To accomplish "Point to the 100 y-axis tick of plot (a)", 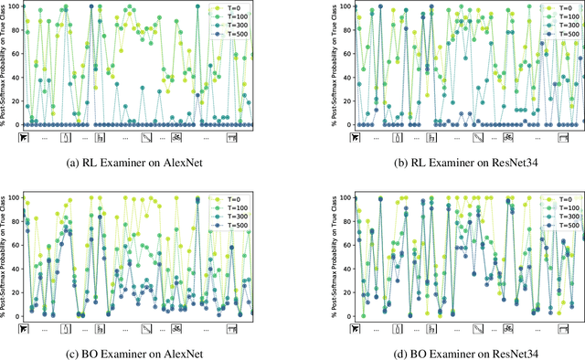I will (13, 6).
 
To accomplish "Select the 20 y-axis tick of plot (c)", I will (15, 291).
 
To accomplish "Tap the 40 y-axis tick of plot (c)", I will (15, 269).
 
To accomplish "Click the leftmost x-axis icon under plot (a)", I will (24, 138).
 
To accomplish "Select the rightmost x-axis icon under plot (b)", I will (564, 138).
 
